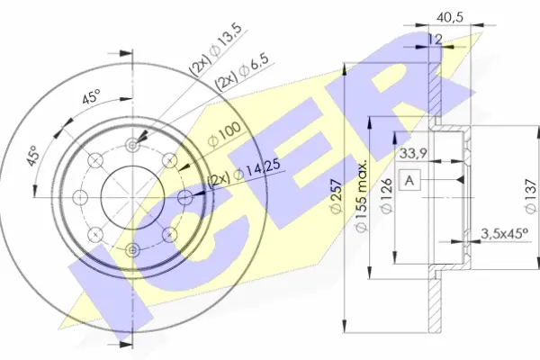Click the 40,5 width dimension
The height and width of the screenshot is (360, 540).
tap(450, 17)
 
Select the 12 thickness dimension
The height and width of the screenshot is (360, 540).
tap(435, 40)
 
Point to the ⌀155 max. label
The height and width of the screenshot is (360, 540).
tap(361, 196)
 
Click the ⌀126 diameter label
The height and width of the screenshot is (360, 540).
tap(387, 195)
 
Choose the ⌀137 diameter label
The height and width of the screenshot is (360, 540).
tap(532, 196)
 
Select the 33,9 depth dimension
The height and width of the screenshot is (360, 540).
tap(413, 154)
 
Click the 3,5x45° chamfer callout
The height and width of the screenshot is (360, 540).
tap(505, 234)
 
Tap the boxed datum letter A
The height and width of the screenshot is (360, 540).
tap(409, 180)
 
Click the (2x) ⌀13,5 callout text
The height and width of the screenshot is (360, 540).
tap(215, 50)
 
